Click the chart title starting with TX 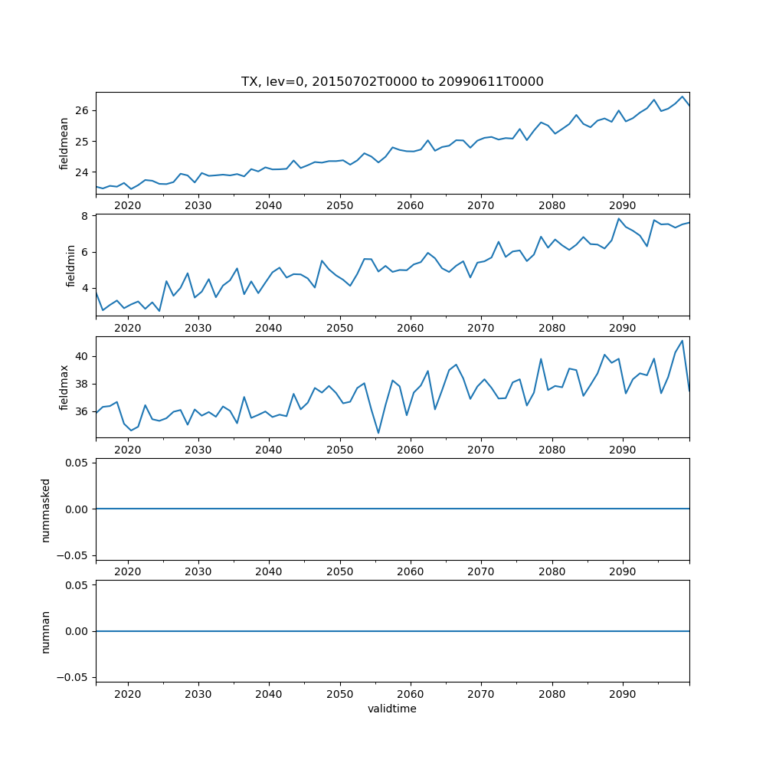point(392,82)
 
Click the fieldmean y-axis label point(64,143)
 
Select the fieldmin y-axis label point(71,266)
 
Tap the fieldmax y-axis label point(64,388)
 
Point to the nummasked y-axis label point(45,509)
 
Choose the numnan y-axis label point(45,631)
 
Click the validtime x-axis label point(392,709)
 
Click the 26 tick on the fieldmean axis point(83,110)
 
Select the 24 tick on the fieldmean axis point(83,172)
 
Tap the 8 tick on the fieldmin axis point(87,216)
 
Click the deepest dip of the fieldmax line point(378,434)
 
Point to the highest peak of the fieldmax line point(682,340)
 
